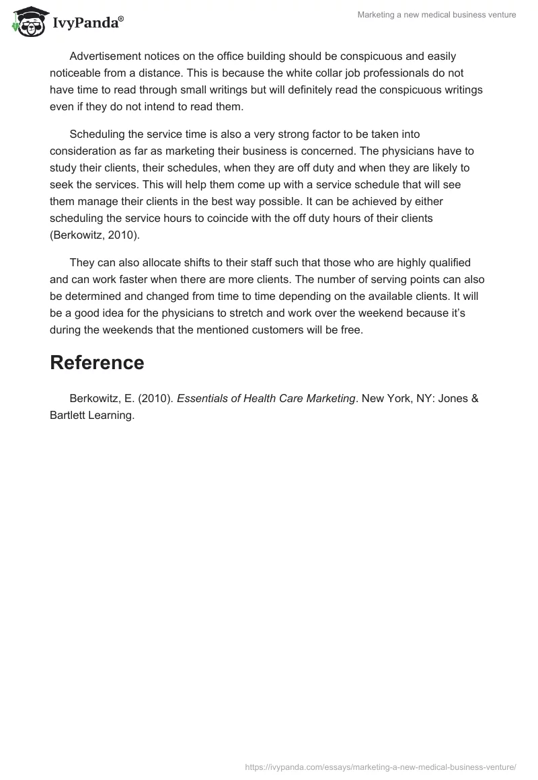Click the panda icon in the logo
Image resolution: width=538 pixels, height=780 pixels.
tap(27, 22)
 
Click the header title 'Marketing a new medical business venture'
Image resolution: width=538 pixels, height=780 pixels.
tap(437, 15)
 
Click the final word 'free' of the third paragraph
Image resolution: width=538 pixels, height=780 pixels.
tap(351, 329)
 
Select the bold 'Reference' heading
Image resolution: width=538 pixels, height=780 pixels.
tap(97, 362)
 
